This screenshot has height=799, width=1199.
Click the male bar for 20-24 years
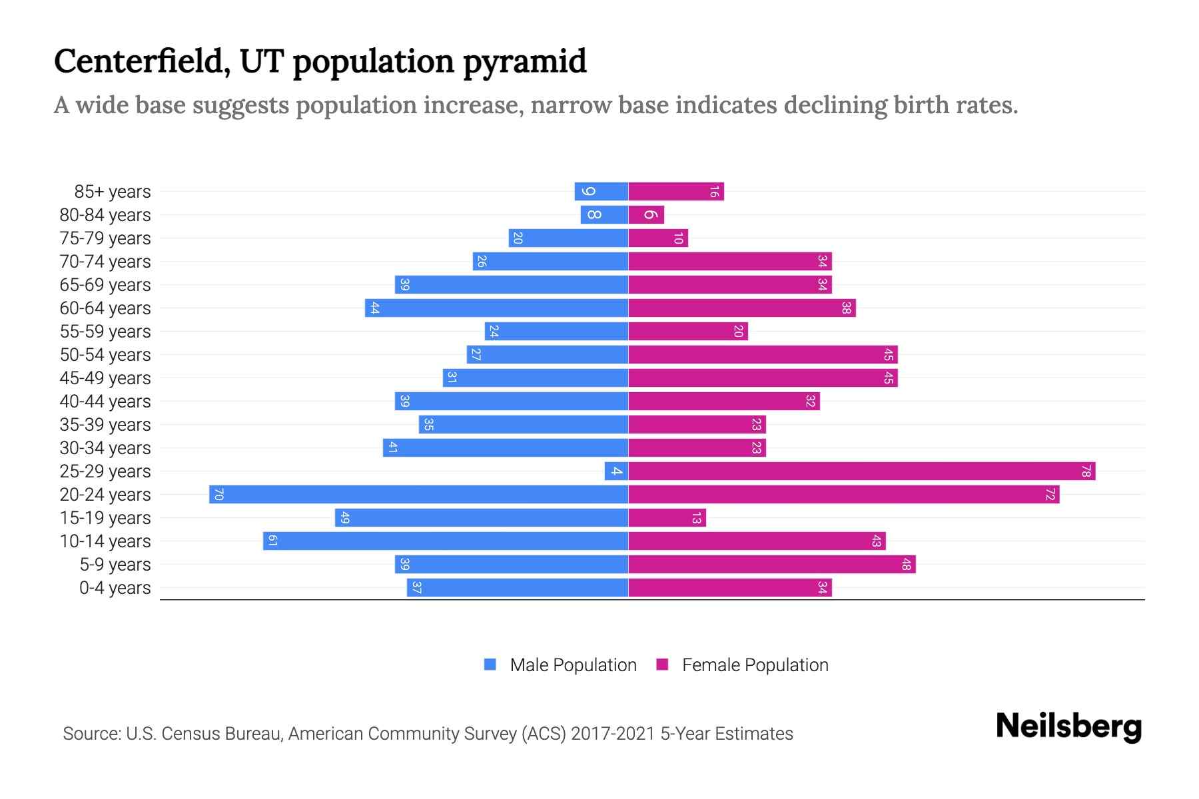[x=418, y=495]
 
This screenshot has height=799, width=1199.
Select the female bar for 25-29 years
[x=861, y=471]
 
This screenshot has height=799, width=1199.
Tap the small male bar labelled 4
[x=616, y=471]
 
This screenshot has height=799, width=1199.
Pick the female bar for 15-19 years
[x=667, y=518]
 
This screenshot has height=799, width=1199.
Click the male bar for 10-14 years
[x=445, y=541]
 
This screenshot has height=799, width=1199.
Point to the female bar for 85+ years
[x=675, y=192]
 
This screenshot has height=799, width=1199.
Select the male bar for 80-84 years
[x=603, y=215]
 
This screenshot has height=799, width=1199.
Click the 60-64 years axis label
[x=105, y=308]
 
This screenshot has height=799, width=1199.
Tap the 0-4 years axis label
[x=115, y=588]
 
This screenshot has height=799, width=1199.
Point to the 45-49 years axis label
[x=105, y=378]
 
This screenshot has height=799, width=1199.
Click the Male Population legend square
[x=490, y=665]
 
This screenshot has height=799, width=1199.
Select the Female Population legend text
[x=755, y=665]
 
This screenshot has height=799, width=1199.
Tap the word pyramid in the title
[x=524, y=62]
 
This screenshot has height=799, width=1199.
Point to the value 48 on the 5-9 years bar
[x=906, y=565]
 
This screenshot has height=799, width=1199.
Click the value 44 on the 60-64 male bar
[x=374, y=308]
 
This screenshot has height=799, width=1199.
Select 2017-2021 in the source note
[x=613, y=734]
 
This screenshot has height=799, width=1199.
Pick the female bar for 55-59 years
[x=687, y=332]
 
